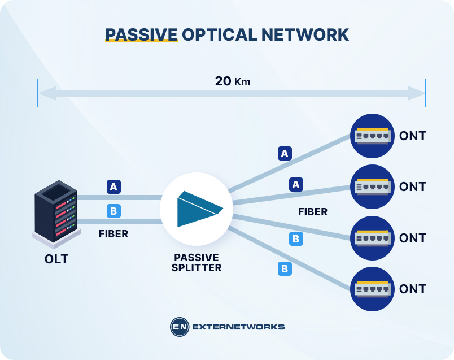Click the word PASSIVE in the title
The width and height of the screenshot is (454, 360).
pos(141,34)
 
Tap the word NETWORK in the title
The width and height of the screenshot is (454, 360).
pos(304,34)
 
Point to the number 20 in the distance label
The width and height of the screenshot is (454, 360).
pos(222,81)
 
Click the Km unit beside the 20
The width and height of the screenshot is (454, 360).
pos(242,82)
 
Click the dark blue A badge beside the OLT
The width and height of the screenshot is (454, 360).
pos(113,186)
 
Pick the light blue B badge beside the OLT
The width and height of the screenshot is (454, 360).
pos(113,211)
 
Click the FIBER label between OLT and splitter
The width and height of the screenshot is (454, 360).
pos(113,233)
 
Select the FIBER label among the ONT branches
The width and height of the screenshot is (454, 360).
pos(313,212)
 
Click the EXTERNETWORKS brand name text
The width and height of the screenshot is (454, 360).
pos(238,327)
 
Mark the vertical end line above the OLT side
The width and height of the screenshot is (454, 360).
pos(38,93)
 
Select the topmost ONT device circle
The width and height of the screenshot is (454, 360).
pos(372,136)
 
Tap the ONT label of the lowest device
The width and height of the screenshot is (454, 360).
pos(412,289)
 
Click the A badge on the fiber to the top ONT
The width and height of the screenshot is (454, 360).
pos(285,153)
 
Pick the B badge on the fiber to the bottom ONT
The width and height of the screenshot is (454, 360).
pos(285,269)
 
